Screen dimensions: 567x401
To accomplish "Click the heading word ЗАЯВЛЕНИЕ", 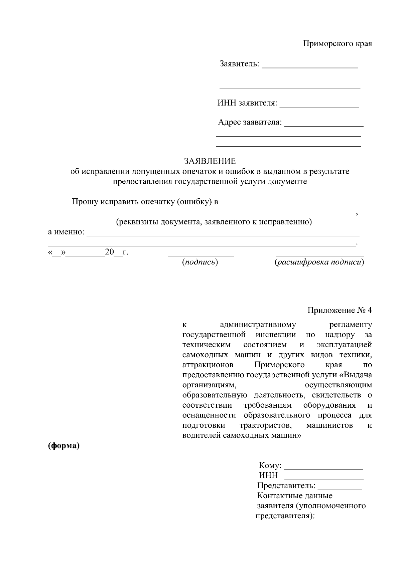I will pyautogui.click(x=210, y=162).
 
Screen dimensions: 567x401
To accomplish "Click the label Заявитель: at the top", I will pyautogui.click(x=239, y=63).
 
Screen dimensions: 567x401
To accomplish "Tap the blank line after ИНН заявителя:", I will pyautogui.click(x=319, y=107).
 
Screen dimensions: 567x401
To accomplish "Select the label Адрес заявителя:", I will pyautogui.click(x=250, y=123).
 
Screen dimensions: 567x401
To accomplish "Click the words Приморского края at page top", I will pyautogui.click(x=337, y=44).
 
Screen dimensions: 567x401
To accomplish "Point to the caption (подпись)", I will pyautogui.click(x=200, y=262).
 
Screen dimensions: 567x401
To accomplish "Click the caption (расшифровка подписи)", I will pyautogui.click(x=319, y=262).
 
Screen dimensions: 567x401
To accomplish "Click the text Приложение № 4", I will pyautogui.click(x=340, y=310).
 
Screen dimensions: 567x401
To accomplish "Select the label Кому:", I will pyautogui.click(x=270, y=465).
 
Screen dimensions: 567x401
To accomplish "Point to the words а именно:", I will pyautogui.click(x=66, y=232).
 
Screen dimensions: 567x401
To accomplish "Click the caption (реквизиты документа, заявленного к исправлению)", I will pyautogui.click(x=214, y=222).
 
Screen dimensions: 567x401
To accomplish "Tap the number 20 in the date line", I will pyautogui.click(x=110, y=252).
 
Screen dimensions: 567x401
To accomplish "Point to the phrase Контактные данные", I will pyautogui.click(x=295, y=496).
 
